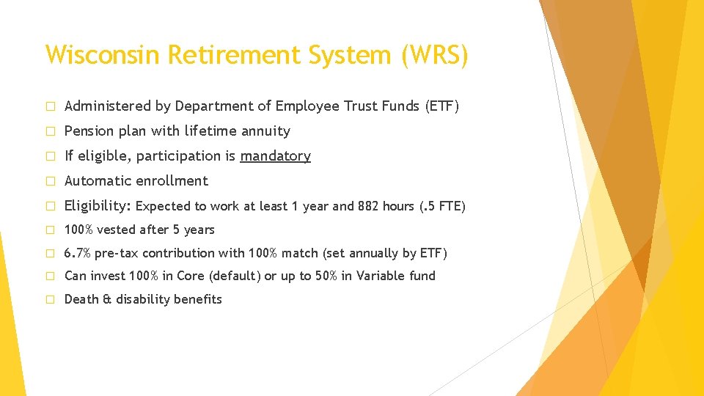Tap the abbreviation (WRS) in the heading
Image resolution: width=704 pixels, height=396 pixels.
(435, 55)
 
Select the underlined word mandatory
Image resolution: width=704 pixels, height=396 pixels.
(275, 156)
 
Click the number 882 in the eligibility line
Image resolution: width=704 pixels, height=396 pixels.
(367, 206)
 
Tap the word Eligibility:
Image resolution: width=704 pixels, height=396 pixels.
(98, 206)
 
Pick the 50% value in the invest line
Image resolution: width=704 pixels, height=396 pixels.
(326, 276)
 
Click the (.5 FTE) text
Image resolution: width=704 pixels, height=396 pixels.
(442, 206)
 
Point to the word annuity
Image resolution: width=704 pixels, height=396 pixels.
(265, 131)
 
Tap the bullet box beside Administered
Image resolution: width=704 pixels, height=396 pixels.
(51, 106)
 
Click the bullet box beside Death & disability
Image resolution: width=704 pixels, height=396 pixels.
(51, 299)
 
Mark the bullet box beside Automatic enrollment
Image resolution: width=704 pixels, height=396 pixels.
(51, 181)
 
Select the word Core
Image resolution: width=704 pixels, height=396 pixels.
(191, 276)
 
